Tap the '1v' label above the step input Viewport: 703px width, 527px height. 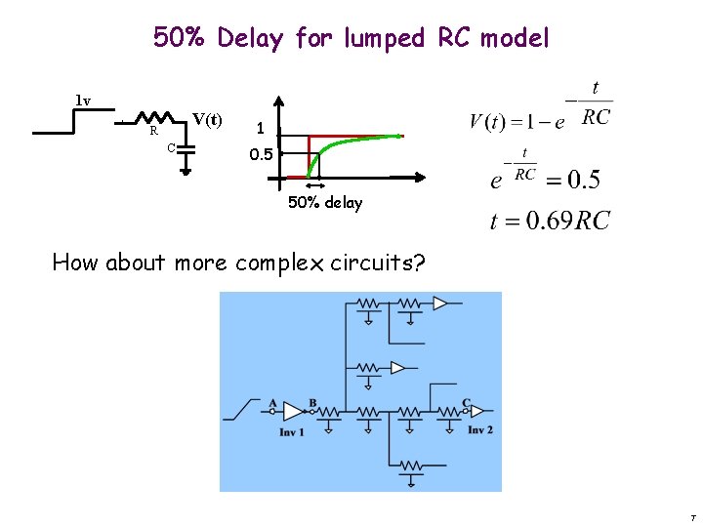[83, 101]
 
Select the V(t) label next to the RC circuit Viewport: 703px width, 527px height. [207, 120]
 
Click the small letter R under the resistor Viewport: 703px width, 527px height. [153, 131]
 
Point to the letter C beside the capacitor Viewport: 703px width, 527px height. [170, 147]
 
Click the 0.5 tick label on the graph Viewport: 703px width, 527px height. [260, 154]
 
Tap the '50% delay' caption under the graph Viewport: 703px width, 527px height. [325, 203]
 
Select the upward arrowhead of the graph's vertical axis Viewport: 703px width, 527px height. [279, 100]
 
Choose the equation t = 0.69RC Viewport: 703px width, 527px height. [550, 221]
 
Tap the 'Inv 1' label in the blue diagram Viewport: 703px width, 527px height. [292, 431]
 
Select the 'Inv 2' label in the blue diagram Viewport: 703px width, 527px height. [479, 430]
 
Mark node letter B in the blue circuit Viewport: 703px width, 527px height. [312, 402]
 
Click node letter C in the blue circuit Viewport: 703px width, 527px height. [466, 402]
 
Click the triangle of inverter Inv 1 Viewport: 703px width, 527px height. [291, 413]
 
